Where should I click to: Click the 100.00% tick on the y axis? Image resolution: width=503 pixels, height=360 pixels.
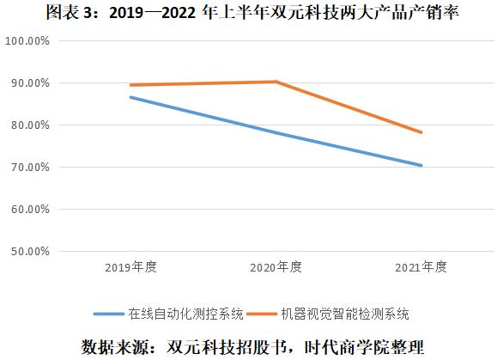pyautogui.click(x=27, y=41)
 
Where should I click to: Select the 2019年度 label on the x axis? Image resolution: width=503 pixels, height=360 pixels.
pyautogui.click(x=131, y=266)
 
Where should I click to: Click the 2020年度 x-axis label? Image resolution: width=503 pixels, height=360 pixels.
pyautogui.click(x=276, y=266)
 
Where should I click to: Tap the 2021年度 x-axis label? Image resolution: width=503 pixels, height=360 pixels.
pyautogui.click(x=421, y=266)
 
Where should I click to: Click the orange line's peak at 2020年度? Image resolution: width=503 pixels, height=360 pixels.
pyautogui.click(x=276, y=82)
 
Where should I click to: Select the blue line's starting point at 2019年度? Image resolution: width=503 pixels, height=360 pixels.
pyautogui.click(x=131, y=97)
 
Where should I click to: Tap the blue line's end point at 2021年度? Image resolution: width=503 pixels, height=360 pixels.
pyautogui.click(x=421, y=166)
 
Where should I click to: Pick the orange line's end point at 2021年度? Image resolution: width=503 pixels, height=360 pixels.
pyautogui.click(x=421, y=132)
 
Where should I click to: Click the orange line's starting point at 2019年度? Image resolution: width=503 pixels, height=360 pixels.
pyautogui.click(x=131, y=85)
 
